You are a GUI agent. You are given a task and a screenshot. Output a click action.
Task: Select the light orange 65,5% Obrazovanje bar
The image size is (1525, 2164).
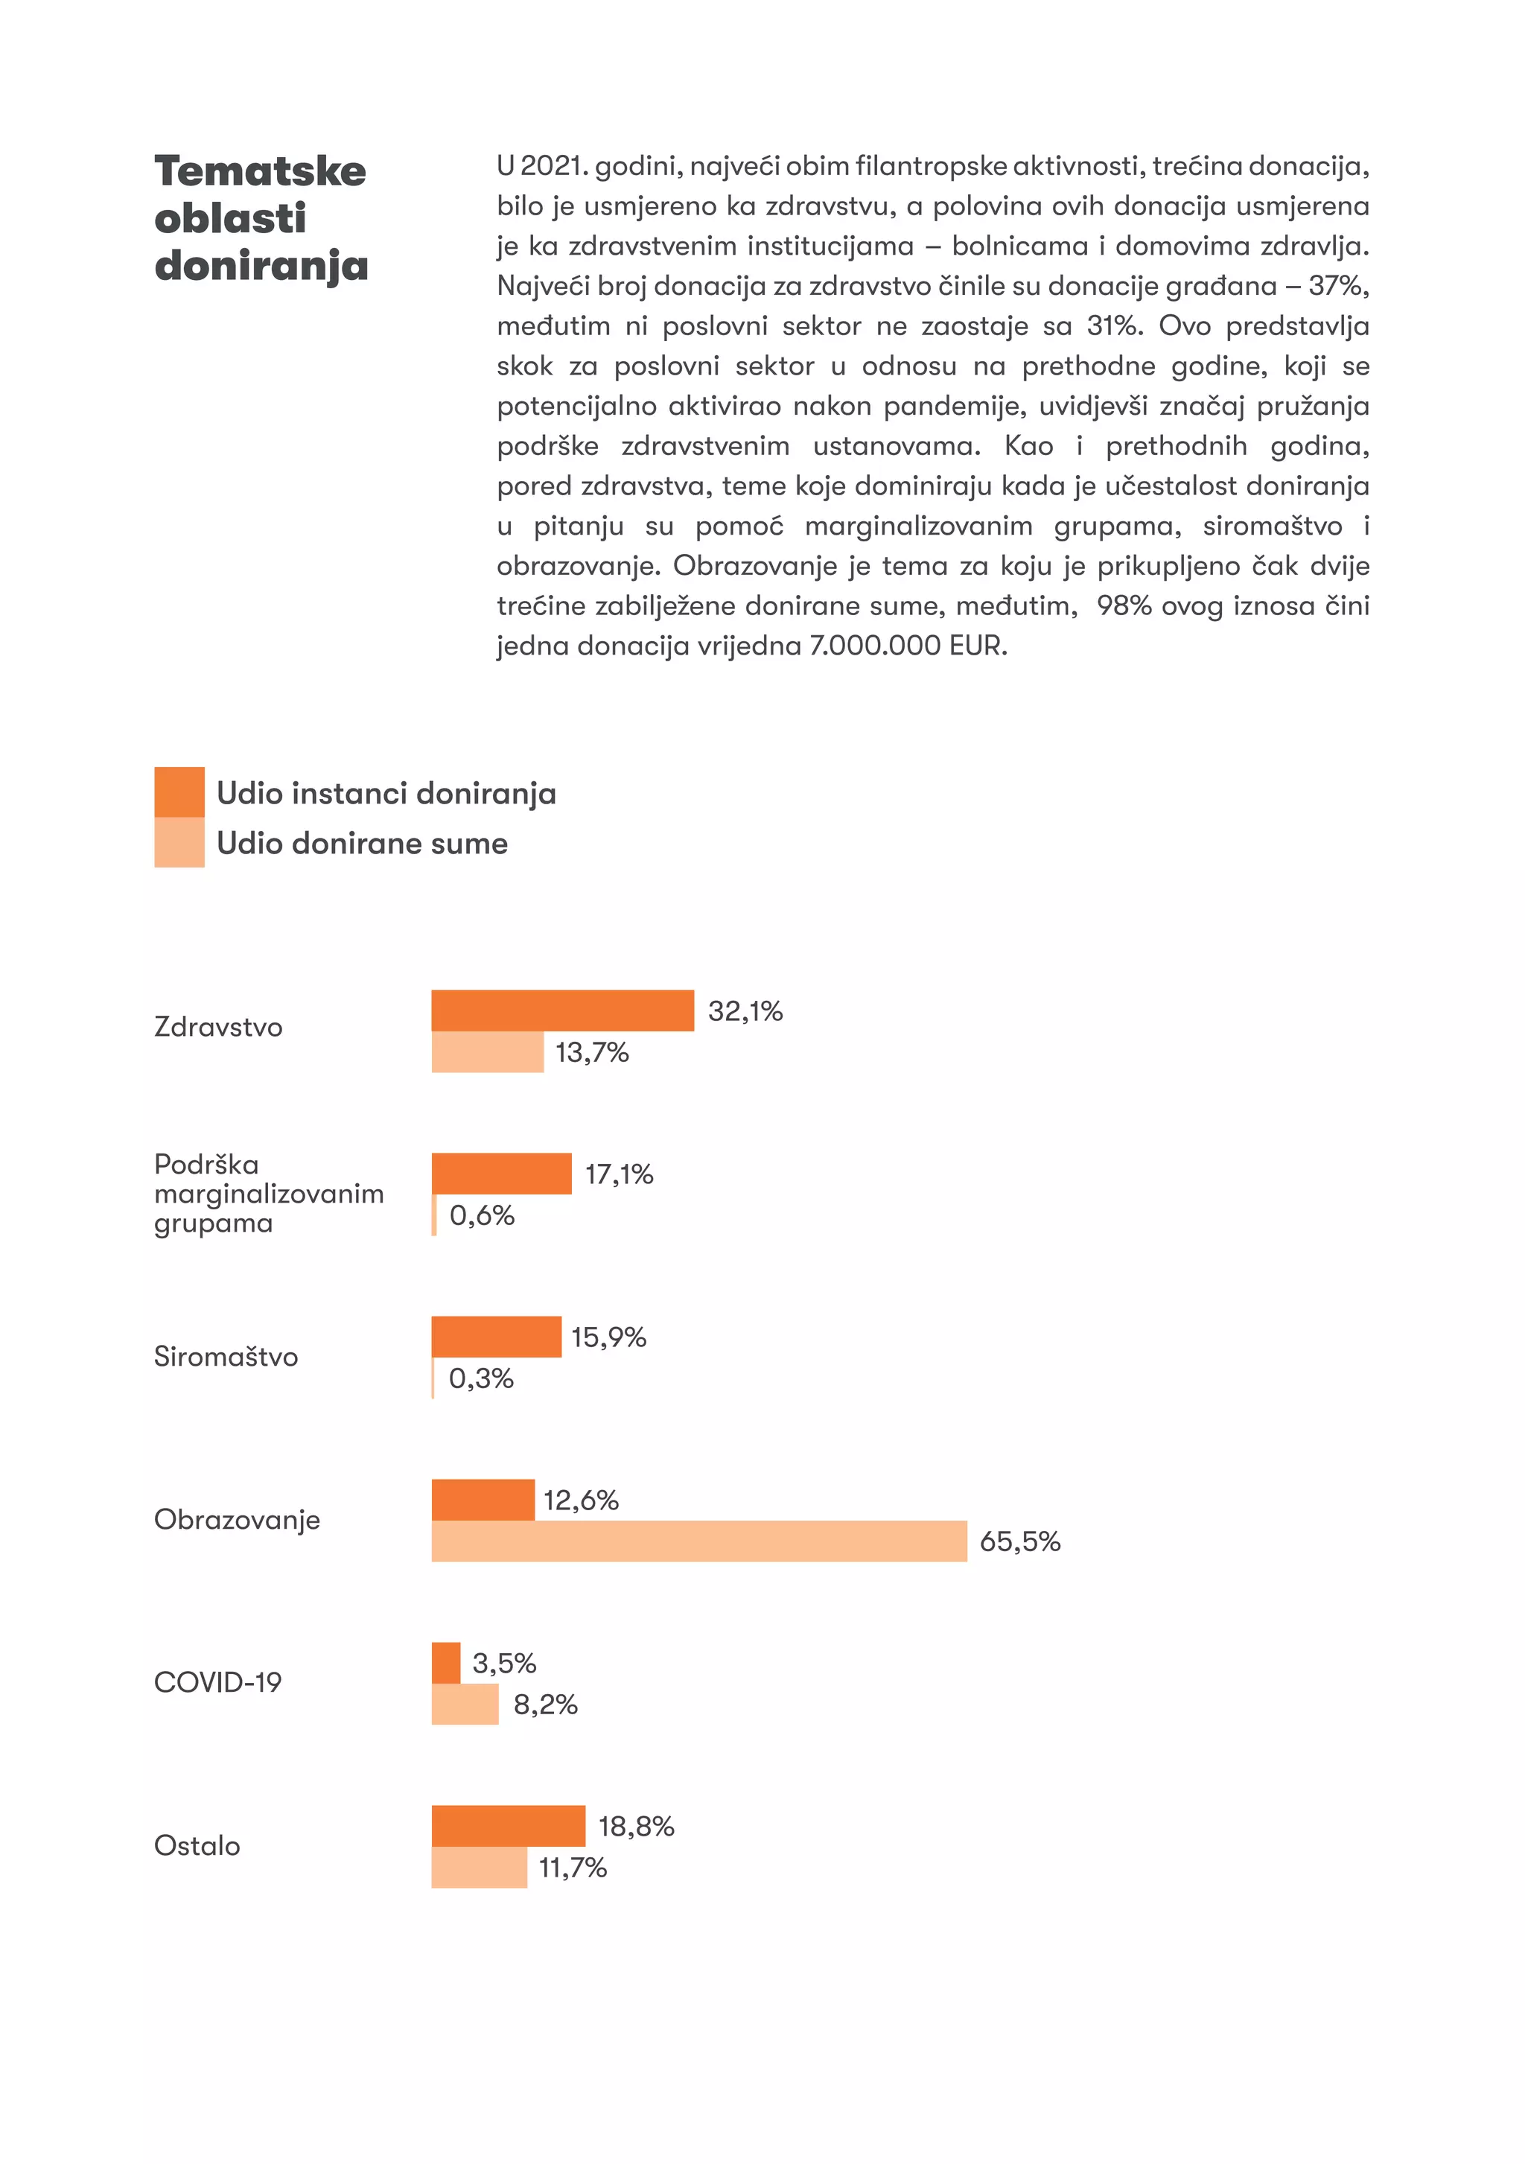pyautogui.click(x=698, y=1540)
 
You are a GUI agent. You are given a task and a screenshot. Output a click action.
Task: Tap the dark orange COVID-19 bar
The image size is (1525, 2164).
pyautogui.click(x=446, y=1663)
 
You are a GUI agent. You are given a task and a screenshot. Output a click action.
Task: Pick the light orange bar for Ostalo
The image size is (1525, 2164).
pyautogui.click(x=479, y=1867)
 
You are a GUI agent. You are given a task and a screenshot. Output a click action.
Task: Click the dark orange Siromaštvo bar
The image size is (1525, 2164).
pyautogui.click(x=496, y=1337)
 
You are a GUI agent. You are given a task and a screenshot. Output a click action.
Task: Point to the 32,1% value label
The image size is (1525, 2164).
pyautogui.click(x=745, y=1011)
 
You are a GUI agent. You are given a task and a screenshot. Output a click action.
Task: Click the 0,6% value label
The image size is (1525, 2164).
pyautogui.click(x=482, y=1215)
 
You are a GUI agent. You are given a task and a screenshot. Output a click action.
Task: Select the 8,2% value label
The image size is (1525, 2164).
pyautogui.click(x=545, y=1704)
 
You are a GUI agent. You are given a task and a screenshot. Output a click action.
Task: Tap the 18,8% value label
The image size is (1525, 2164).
pyautogui.click(x=636, y=1827)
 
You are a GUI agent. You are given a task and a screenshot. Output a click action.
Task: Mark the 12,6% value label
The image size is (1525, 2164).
pyautogui.click(x=581, y=1501)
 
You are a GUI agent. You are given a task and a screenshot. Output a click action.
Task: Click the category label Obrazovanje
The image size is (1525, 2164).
pyautogui.click(x=237, y=1519)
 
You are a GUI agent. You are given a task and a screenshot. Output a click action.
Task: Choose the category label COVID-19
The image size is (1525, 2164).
pyautogui.click(x=217, y=1682)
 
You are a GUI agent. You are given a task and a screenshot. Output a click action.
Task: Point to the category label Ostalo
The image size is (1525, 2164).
pyautogui.click(x=197, y=1845)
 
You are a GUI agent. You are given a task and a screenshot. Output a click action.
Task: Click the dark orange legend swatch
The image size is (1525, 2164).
pyautogui.click(x=179, y=792)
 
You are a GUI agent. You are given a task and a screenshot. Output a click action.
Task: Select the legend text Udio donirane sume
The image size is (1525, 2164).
pyautogui.click(x=362, y=843)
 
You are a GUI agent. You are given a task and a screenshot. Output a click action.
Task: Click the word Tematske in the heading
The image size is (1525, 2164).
pyautogui.click(x=260, y=171)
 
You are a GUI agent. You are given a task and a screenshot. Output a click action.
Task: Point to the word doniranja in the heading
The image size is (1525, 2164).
pyautogui.click(x=261, y=266)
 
